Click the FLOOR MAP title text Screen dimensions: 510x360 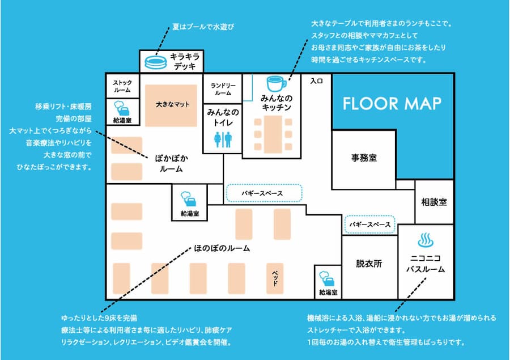(x=392, y=104)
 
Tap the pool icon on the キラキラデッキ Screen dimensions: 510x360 (x=156, y=62)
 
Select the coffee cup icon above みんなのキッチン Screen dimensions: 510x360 (x=276, y=84)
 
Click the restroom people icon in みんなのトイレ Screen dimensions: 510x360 (x=223, y=139)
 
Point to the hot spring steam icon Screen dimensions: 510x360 (x=426, y=240)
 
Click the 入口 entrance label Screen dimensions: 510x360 (x=316, y=81)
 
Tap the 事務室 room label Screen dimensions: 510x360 (x=364, y=158)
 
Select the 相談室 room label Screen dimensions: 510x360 (x=434, y=202)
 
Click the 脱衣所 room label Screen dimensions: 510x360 (x=369, y=263)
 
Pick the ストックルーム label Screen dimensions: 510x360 (x=122, y=86)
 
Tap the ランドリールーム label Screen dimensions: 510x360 (x=223, y=89)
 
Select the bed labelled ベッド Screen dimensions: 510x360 (x=275, y=278)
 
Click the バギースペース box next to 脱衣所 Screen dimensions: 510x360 (x=370, y=225)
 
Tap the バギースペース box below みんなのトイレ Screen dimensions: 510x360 (x=264, y=193)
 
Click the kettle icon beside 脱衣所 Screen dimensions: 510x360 (x=327, y=279)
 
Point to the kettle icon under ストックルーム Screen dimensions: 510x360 (x=122, y=108)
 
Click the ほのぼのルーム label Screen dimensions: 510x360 (x=222, y=248)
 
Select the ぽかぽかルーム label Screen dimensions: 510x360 (x=171, y=163)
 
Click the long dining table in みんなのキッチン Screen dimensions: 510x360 (x=273, y=134)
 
